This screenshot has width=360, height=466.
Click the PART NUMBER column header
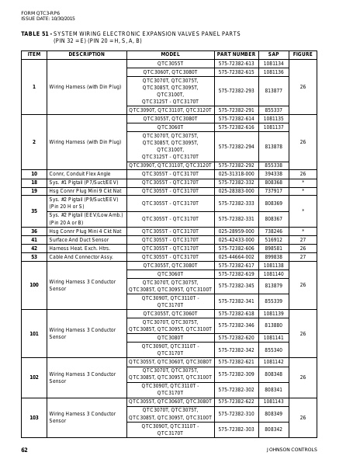pos(236,54)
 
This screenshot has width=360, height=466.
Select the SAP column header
pos(273,54)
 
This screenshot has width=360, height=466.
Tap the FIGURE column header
pos(303,54)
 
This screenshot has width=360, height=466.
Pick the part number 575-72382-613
pos(236,63)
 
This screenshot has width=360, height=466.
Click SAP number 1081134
pos(273,63)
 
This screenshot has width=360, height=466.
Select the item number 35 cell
pos(33,210)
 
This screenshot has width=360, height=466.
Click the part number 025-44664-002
pos(236,256)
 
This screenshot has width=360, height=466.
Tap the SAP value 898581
pos(273,248)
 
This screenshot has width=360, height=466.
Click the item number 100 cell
pos(33,285)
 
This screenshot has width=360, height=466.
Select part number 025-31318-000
pos(236,174)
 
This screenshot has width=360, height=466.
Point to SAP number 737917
pos(273,190)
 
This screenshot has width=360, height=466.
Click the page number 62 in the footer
pos(24,450)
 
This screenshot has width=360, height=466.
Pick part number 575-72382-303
pos(236,429)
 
